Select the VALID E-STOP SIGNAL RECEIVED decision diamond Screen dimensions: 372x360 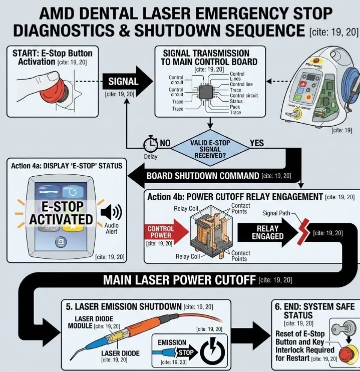coord(210,149)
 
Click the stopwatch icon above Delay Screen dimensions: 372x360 coord(150,145)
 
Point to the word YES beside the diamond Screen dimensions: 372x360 coord(256,143)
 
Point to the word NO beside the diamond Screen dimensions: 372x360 coord(165,143)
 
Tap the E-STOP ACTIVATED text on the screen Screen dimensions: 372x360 coord(61,213)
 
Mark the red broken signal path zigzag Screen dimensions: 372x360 coord(303,231)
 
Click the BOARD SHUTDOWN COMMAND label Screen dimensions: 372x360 coord(203,176)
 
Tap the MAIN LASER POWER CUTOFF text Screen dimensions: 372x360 coord(179,280)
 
